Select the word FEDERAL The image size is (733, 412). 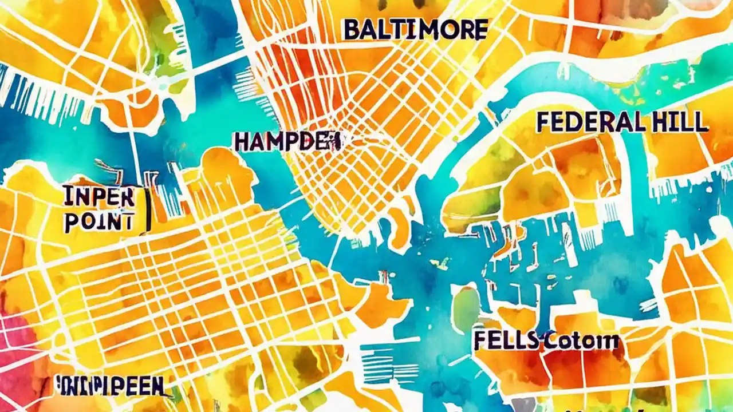click(x=589, y=122)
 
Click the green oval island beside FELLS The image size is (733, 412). click(x=466, y=310)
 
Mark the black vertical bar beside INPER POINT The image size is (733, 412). click(x=148, y=209)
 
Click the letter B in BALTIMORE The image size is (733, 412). click(x=351, y=30)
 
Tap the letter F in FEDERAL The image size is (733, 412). click(x=545, y=122)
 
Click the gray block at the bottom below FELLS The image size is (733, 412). click(x=522, y=405)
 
